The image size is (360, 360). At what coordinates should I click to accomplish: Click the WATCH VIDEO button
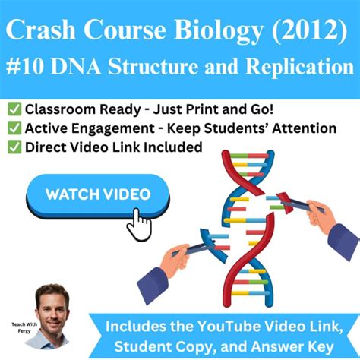pyautogui.click(x=98, y=194)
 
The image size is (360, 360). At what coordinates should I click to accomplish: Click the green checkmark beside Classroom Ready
pyautogui.click(x=14, y=111)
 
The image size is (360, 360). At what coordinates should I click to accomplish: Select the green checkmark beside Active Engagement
pyautogui.click(x=14, y=128)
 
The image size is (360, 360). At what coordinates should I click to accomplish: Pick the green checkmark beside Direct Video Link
pyautogui.click(x=14, y=147)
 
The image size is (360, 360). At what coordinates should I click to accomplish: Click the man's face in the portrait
pyautogui.click(x=52, y=311)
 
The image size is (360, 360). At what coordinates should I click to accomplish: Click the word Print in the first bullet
pyautogui.click(x=175, y=111)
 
